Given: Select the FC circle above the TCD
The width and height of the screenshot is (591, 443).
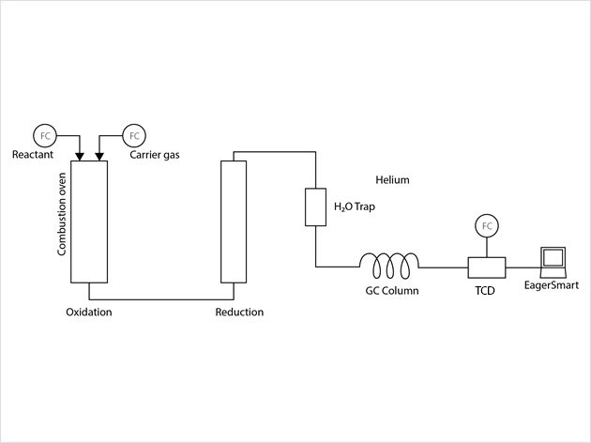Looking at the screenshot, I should coord(487,226).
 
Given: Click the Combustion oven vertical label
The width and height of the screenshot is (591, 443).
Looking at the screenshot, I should coord(63,221).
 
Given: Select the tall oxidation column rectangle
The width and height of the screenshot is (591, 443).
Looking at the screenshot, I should coord(90,221).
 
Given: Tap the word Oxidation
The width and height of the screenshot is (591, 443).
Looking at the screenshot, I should coord(89,312).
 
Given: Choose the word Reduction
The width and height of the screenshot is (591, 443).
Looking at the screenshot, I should coord(239,312).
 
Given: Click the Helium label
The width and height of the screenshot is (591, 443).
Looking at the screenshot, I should coord(392,179).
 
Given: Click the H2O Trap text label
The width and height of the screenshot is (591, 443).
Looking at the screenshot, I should coord(356,207).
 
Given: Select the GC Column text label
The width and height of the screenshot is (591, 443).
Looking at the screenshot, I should coord(391,291).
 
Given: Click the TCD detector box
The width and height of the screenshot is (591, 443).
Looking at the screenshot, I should coord(487,267).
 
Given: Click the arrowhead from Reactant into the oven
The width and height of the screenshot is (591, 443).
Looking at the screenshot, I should coord(82,155).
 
